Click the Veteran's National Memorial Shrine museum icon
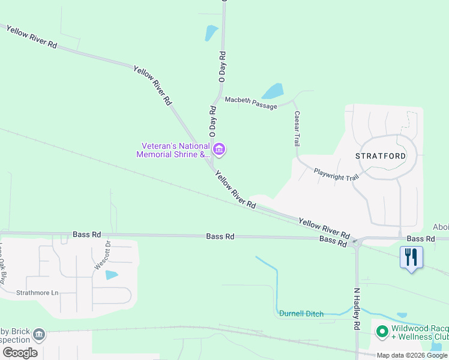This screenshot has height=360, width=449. tap(219, 149)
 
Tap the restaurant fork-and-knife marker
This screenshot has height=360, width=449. tap(412, 257)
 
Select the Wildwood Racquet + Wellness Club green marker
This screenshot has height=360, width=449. tap(381, 331)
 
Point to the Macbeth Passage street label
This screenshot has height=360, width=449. tap(251, 103)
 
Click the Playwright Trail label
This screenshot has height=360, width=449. tap(336, 175)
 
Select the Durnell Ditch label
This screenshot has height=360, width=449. tap(301, 314)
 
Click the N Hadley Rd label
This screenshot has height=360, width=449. tap(357, 309)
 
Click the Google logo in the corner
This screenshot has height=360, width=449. tap(20, 353)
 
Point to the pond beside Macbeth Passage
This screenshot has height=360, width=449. tap(273, 91)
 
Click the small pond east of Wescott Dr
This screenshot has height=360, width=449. tap(112, 275)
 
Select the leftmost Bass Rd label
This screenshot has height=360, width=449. tap(87, 234)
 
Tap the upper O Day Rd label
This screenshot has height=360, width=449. tap(222, 67)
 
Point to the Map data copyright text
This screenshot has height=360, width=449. tap(412, 355)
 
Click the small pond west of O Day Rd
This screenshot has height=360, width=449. tap(211, 32)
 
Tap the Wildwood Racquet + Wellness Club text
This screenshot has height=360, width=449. tap(420, 333)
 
